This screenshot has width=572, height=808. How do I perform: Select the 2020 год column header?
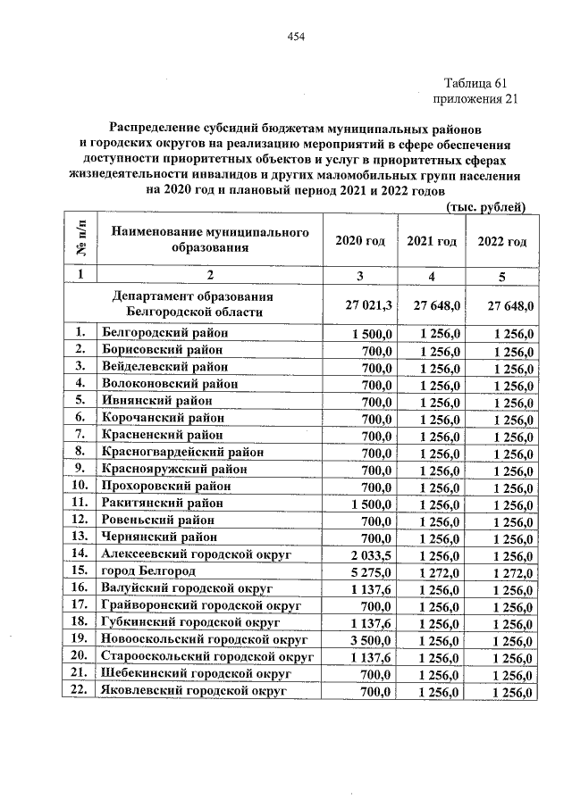(x=359, y=241)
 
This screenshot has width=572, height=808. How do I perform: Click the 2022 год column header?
(x=502, y=241)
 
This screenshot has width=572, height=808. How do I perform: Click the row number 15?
(x=80, y=571)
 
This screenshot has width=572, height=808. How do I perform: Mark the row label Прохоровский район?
(x=165, y=486)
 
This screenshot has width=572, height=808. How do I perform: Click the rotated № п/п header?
(x=79, y=239)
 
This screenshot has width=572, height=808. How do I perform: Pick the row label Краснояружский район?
(x=174, y=468)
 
